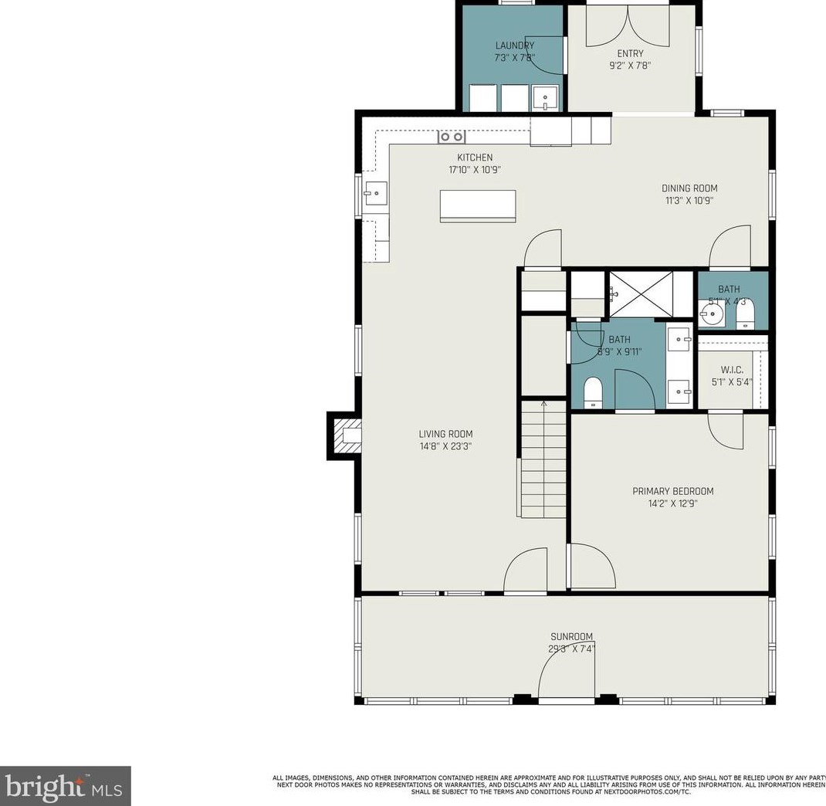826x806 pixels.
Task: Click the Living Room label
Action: (445, 434)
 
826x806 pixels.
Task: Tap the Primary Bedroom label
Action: (672, 491)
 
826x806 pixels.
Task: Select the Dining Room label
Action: (689, 188)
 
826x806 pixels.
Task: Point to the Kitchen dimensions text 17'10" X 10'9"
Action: (474, 169)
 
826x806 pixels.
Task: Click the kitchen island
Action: (477, 206)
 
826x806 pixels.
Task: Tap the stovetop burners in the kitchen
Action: (452, 137)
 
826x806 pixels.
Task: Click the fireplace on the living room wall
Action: (345, 436)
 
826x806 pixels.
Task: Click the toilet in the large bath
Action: (593, 391)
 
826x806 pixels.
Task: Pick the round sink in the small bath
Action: (712, 313)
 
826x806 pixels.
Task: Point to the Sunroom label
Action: (571, 637)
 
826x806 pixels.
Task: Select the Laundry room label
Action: (514, 46)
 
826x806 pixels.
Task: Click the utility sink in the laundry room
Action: (546, 99)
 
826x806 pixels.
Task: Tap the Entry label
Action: (630, 53)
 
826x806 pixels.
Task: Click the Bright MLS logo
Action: (65, 786)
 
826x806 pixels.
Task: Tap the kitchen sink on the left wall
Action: (375, 191)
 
